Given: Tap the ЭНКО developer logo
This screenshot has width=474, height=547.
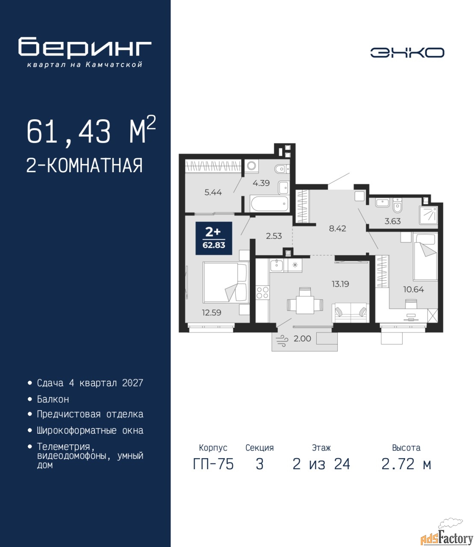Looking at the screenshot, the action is click(x=407, y=53).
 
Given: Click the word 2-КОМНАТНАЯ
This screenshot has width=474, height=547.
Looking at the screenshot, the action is click(x=85, y=166).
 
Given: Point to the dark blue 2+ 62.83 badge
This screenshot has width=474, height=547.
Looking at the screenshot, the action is click(x=214, y=238).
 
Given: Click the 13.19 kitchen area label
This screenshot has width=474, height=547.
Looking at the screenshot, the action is click(x=340, y=284).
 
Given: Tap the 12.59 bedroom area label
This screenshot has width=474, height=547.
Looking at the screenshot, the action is click(x=212, y=312).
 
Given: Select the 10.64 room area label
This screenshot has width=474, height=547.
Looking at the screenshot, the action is click(x=413, y=289).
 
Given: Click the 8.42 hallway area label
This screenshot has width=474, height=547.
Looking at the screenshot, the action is click(x=337, y=228).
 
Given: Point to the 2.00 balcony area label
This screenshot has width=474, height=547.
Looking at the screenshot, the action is click(x=302, y=338).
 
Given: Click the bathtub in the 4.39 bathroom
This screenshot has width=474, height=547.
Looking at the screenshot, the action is click(x=269, y=204).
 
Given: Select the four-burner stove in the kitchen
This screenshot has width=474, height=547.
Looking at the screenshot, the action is click(x=262, y=292).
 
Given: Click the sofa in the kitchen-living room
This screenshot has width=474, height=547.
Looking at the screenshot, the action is click(x=350, y=312).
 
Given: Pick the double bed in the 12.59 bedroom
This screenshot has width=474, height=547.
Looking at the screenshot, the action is click(x=226, y=282).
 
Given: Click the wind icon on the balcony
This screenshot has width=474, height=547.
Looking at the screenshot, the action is click(x=282, y=340).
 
